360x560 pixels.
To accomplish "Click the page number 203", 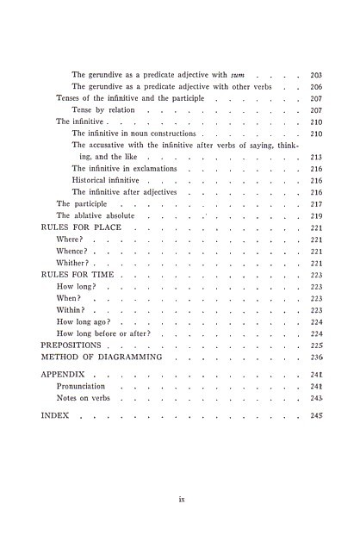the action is coord(315,75).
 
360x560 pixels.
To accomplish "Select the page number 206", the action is coord(315,87).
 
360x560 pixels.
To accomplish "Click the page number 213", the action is coord(315,158).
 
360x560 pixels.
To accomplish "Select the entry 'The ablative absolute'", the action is coord(94,215).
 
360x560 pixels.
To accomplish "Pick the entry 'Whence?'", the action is coord(73,251).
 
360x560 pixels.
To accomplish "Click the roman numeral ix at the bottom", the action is coord(182,497).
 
